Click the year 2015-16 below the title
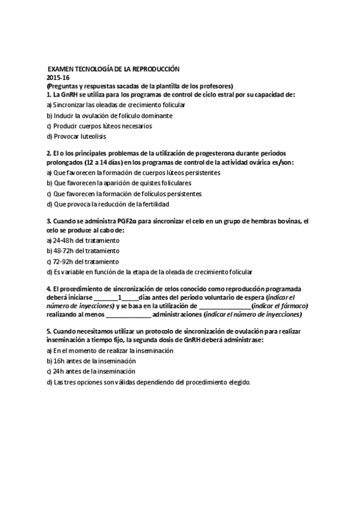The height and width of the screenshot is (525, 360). tap(58, 77)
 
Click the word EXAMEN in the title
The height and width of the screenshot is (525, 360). tap(62, 69)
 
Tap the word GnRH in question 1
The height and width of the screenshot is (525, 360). tap(70, 95)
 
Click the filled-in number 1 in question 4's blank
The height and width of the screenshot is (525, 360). tap(118, 297)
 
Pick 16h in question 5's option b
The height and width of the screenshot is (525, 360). tap(60, 361)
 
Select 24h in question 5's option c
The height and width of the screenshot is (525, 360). tap(60, 371)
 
